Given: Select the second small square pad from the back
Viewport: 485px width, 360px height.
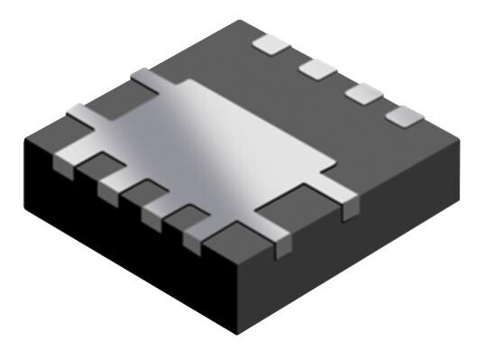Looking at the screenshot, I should [317, 68].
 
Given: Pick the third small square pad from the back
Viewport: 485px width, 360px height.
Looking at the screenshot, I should [363, 92].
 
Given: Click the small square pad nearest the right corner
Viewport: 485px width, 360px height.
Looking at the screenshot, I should [405, 115].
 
